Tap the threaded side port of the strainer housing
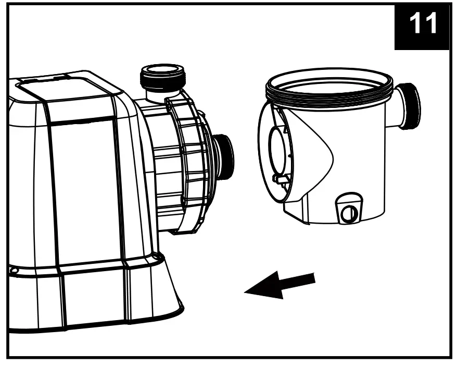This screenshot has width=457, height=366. pyautogui.click(x=412, y=106)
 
